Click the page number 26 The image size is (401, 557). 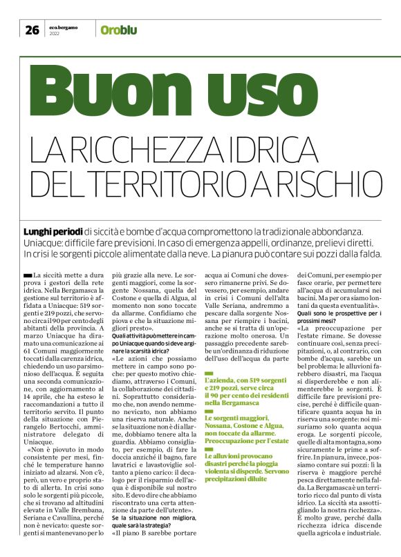(32, 29)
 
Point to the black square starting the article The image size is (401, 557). (27, 276)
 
